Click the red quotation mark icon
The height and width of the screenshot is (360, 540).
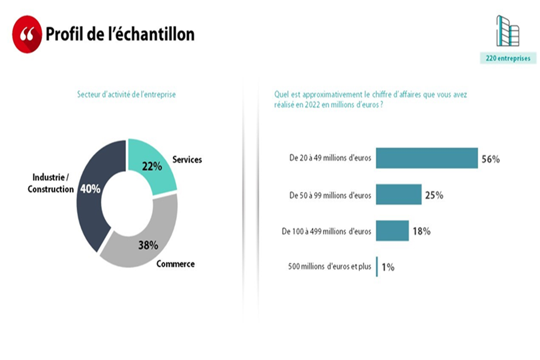coord(27,34)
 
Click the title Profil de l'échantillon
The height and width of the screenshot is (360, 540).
coord(120,34)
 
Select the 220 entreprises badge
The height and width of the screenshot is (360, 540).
coord(508,58)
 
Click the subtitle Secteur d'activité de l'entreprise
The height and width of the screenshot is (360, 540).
coord(126,94)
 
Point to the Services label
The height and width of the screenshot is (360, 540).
coord(187,160)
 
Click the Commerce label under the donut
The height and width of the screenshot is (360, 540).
coord(175,264)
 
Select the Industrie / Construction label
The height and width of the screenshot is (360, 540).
coord(50,183)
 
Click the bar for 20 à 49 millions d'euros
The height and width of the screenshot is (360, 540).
coord(427,158)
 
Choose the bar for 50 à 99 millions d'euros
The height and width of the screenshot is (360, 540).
coord(398,195)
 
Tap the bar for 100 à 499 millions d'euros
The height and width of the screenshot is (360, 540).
coord(392,231)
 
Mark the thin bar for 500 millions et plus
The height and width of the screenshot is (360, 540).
coord(377,267)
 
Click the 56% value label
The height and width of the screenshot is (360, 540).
coord(491,159)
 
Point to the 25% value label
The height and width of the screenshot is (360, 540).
coord(434,195)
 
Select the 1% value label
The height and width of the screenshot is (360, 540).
coord(388,267)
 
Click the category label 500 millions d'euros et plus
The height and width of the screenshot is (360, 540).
coord(329,267)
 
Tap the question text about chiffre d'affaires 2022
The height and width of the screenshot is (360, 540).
coord(370,99)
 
